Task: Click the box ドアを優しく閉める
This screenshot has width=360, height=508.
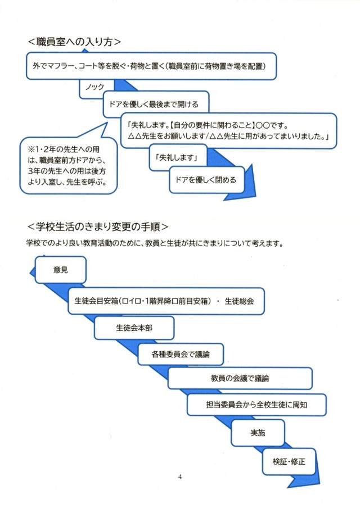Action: pos(207,180)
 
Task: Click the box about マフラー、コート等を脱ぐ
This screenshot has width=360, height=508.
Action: pos(151,66)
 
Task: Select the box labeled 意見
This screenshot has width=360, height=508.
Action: pos(60,269)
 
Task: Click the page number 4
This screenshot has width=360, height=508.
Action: pos(179,477)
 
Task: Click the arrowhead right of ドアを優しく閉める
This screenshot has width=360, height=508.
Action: pos(251,189)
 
